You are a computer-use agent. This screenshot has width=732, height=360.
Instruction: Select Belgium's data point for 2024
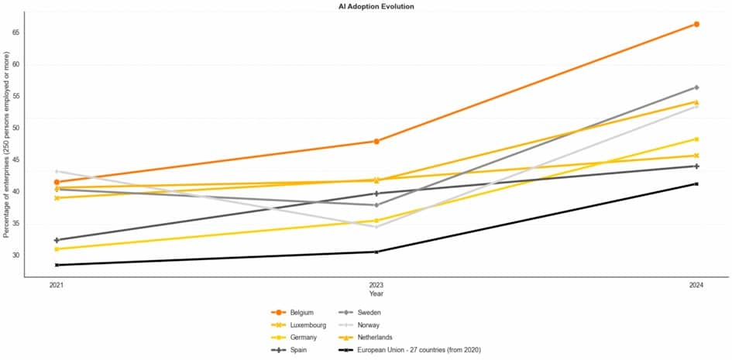(x=696, y=24)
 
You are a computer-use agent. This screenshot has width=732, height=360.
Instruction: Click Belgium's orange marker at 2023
(x=376, y=141)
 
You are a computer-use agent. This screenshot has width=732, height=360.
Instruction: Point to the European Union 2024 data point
(x=696, y=183)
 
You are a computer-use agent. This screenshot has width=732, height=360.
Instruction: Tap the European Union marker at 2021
(x=57, y=265)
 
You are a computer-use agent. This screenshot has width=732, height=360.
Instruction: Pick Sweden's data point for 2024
(x=696, y=87)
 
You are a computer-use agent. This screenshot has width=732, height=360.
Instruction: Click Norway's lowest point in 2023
(x=376, y=226)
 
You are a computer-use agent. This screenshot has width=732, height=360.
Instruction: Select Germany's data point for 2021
(x=57, y=249)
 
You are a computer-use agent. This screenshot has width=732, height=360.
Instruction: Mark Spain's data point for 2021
(x=57, y=240)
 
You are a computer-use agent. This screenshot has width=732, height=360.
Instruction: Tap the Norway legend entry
(x=369, y=325)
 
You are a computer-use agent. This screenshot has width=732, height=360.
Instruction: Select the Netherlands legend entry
(x=375, y=338)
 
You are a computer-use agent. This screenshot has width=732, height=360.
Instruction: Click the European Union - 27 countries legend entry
(x=418, y=350)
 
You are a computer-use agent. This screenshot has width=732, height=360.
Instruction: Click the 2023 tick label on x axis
(x=376, y=286)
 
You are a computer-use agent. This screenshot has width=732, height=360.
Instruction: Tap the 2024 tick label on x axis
(x=696, y=286)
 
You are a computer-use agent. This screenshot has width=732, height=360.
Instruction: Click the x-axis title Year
(x=376, y=294)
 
